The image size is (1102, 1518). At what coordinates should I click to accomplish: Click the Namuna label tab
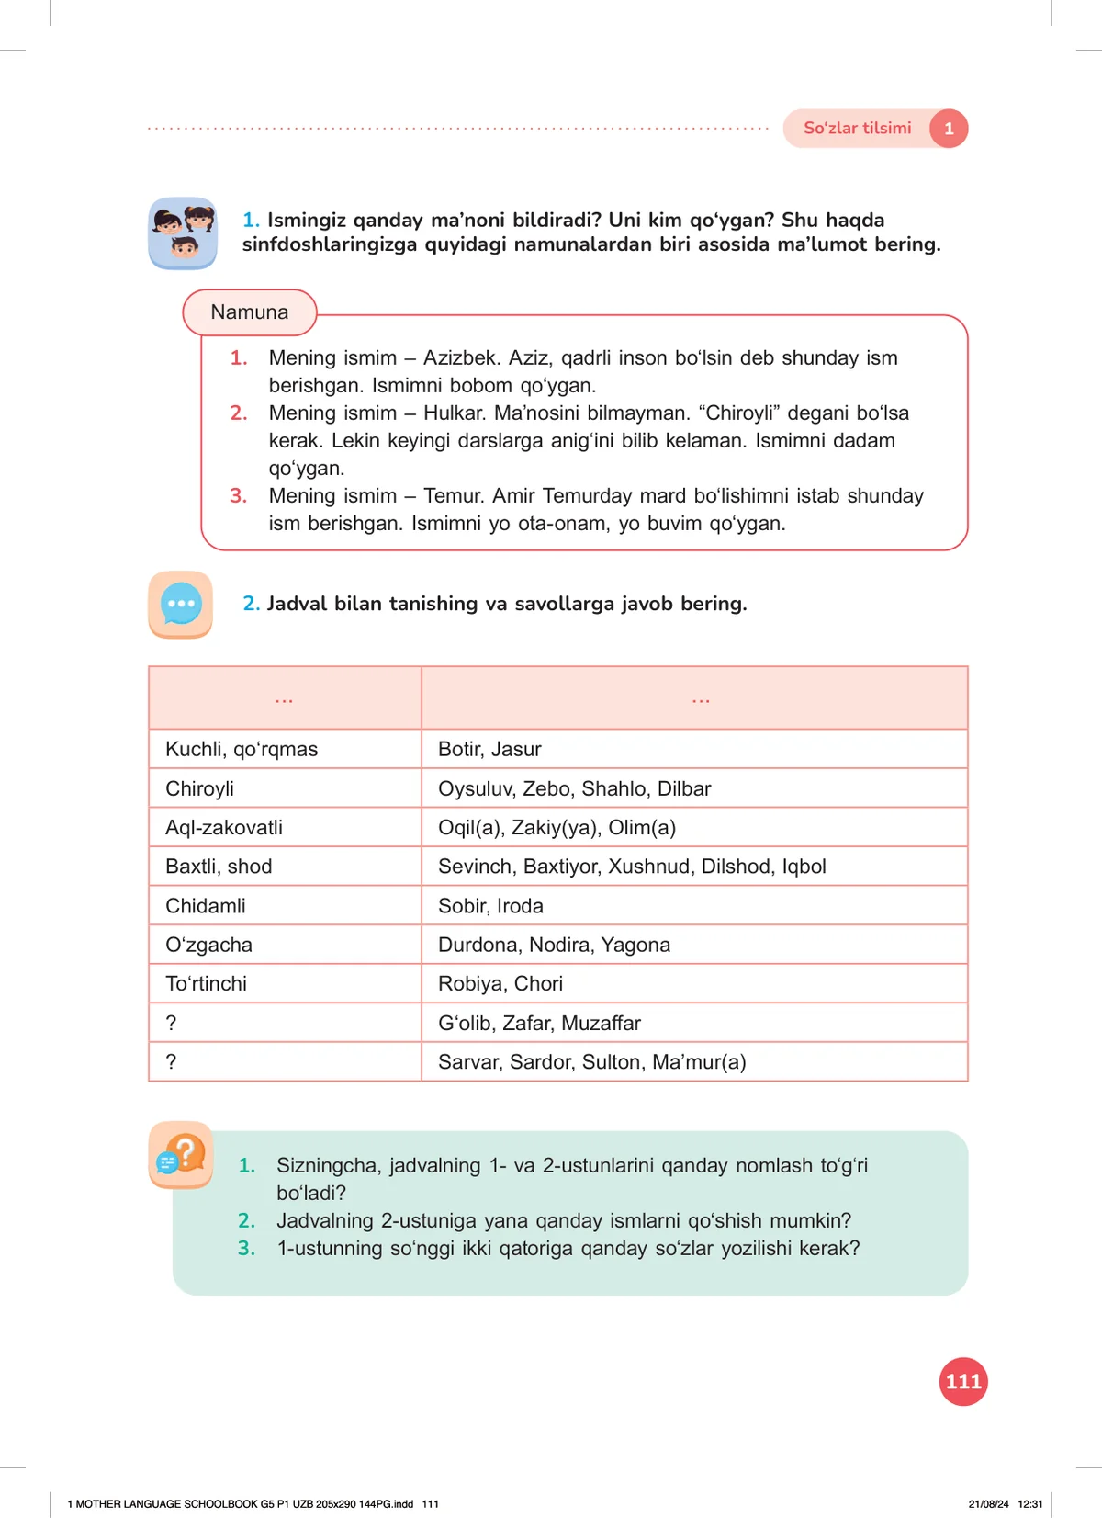(250, 312)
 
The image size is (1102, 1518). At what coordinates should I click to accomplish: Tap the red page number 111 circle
(963, 1381)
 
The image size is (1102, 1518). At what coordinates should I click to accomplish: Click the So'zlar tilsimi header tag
(857, 129)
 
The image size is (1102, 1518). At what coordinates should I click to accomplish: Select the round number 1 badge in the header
(949, 129)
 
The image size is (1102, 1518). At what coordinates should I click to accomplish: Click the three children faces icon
(183, 233)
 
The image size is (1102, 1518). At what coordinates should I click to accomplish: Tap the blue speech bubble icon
(181, 604)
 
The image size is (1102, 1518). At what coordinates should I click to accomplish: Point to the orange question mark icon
(182, 1154)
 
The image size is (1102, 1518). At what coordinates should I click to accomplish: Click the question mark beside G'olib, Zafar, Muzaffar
(171, 1023)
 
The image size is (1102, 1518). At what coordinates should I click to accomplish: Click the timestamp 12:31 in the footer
(1030, 1504)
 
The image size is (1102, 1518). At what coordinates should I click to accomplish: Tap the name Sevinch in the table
(475, 867)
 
